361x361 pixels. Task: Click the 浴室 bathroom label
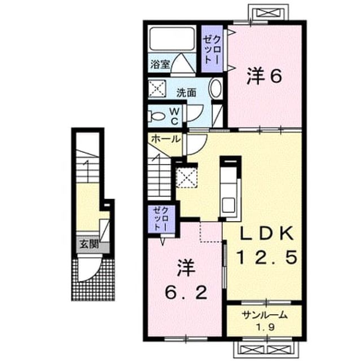tap(160, 64)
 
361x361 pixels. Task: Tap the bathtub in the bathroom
tap(171, 39)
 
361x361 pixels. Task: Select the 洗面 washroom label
tap(186, 93)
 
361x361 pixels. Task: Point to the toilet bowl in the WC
tap(157, 116)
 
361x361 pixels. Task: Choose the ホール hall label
tap(165, 139)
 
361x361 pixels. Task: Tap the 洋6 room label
tap(265, 77)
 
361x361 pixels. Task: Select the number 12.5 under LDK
tap(267, 257)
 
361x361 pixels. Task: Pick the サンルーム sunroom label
tap(265, 315)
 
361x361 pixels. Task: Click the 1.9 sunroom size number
tap(265, 327)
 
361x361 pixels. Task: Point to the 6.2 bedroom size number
tap(186, 293)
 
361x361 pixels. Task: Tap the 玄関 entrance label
tap(89, 244)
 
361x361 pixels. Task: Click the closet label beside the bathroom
tap(212, 50)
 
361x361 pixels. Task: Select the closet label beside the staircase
tap(161, 219)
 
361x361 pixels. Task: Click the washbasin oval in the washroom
tap(215, 89)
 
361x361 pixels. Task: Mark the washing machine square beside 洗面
tap(157, 89)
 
